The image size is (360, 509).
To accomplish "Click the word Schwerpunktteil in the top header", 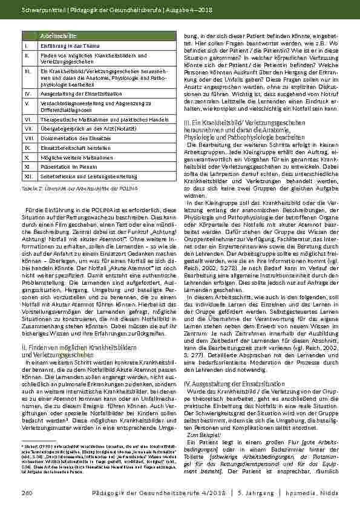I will click(x=38, y=10).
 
